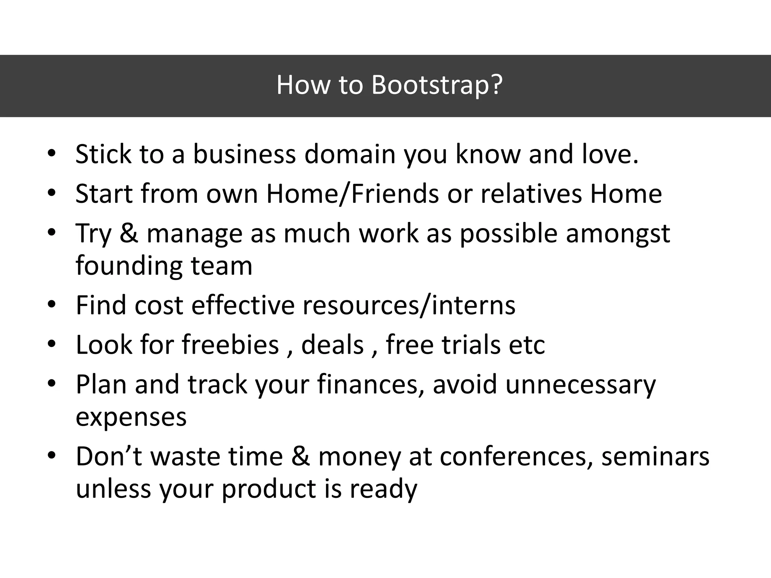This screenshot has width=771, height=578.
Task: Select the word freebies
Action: [x=230, y=345]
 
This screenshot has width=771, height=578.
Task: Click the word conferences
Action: [x=516, y=457]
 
